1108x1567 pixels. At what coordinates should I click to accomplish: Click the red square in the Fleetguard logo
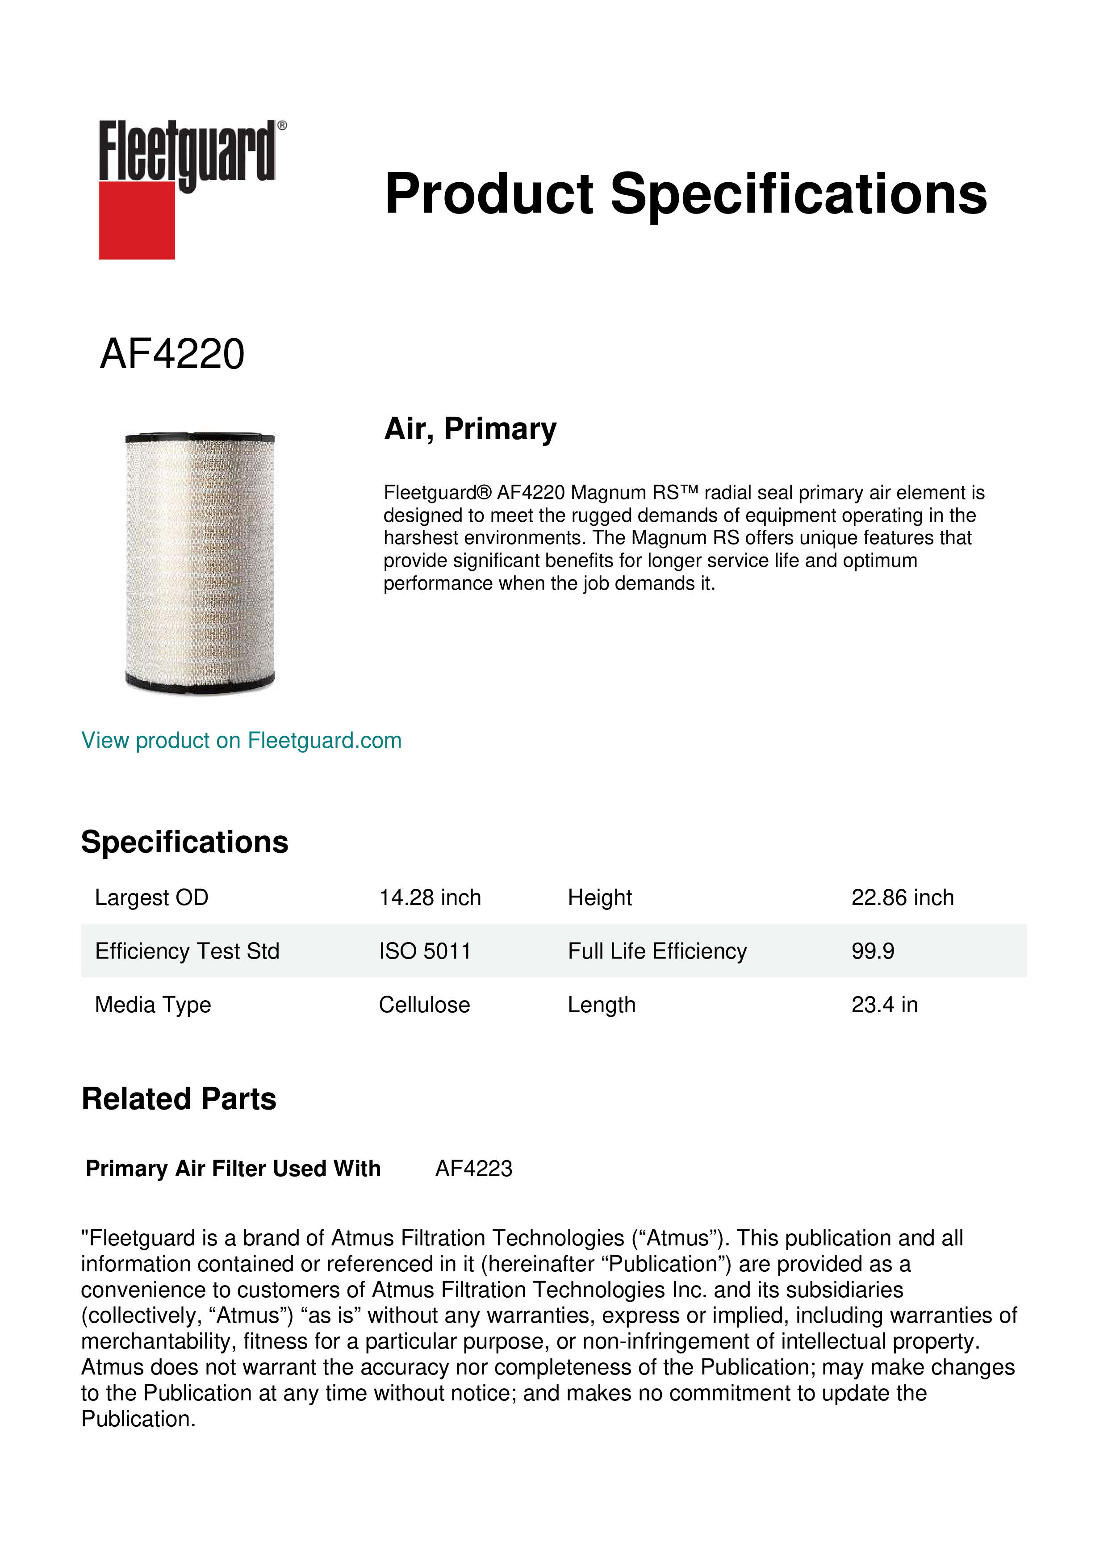click(x=137, y=220)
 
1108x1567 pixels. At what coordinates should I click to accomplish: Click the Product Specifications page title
click(x=685, y=194)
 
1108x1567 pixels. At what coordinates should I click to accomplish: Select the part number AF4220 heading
click(x=172, y=354)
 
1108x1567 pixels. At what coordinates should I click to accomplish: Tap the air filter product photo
click(x=200, y=563)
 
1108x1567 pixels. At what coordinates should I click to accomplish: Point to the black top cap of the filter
click(x=200, y=437)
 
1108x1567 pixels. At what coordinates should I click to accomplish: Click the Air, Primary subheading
click(x=470, y=429)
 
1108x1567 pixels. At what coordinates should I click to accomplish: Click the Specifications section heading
click(x=184, y=842)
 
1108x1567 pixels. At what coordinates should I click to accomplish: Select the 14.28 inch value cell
click(x=430, y=897)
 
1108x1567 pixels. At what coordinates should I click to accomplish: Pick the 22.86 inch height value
click(x=902, y=897)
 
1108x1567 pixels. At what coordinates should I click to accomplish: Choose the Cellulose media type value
click(x=424, y=1005)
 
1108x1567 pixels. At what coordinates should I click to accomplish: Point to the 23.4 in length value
click(x=884, y=1005)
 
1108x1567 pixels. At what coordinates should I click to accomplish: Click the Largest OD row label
click(x=151, y=897)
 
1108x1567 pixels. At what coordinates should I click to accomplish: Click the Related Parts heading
click(x=179, y=1099)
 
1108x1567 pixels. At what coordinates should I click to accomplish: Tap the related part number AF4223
click(x=473, y=1169)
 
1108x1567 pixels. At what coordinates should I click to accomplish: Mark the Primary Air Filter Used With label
click(x=233, y=1169)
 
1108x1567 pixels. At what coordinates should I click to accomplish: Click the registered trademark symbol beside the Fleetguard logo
click(x=282, y=126)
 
